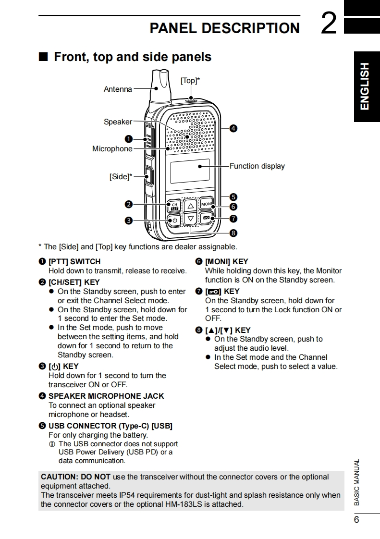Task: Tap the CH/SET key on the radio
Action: [174, 206]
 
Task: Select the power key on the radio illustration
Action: [174, 220]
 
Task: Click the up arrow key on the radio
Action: [191, 206]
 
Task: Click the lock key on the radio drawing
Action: [207, 219]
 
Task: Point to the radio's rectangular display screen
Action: [190, 171]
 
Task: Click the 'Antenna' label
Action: [118, 89]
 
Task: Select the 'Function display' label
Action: [257, 166]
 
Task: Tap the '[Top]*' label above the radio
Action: [190, 81]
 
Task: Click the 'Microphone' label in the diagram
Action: [112, 149]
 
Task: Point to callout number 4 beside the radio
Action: [233, 128]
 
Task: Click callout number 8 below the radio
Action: [233, 233]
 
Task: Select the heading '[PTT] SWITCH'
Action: [74, 262]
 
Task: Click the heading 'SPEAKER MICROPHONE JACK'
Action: [106, 396]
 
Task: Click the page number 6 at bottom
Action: [356, 520]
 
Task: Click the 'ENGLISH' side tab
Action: [365, 86]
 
